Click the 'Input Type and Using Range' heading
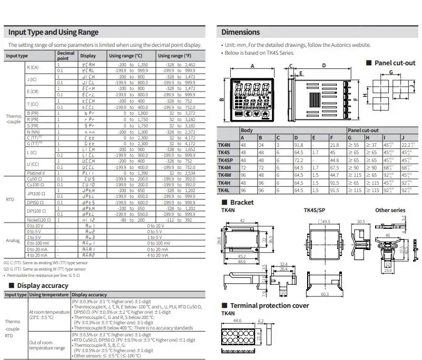(x=53, y=32)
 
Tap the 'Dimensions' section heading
(x=240, y=32)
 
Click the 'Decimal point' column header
(x=65, y=55)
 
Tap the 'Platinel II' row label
(x=36, y=172)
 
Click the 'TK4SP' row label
(x=225, y=160)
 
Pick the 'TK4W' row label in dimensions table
(x=224, y=175)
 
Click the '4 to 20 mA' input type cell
(x=35, y=255)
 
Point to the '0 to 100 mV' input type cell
(x=37, y=243)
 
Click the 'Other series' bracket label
(x=390, y=211)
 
